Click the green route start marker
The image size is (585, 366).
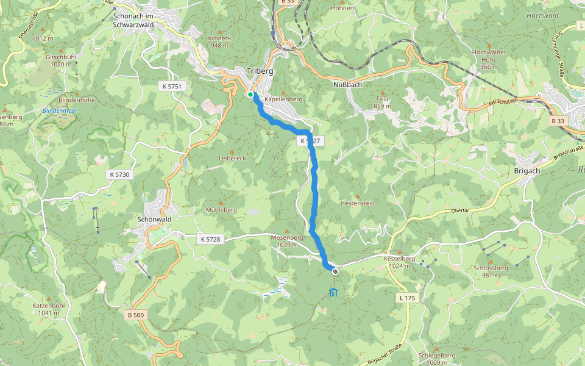click(x=250, y=94)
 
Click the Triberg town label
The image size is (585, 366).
click(x=260, y=71)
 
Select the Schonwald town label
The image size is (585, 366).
click(x=155, y=219)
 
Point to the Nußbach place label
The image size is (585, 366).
click(x=348, y=84)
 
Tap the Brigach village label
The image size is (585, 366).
click(x=527, y=171)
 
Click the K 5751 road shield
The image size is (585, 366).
click(x=172, y=87)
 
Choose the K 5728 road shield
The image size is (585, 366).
click(x=210, y=239)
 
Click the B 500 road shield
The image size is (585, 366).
click(x=137, y=315)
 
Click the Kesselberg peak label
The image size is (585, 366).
click(x=400, y=259)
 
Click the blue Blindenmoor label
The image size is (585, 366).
click(x=58, y=110)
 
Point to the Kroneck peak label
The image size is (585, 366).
click(x=220, y=38)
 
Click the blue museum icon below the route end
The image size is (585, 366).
click(x=333, y=293)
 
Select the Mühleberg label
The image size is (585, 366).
click(x=221, y=209)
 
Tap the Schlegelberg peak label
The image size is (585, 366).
click(x=437, y=355)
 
